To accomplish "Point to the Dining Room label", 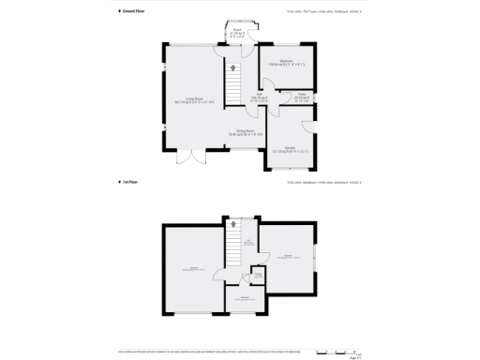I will [246, 132].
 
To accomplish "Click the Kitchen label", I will [291, 148].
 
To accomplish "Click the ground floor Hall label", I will [259, 96].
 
